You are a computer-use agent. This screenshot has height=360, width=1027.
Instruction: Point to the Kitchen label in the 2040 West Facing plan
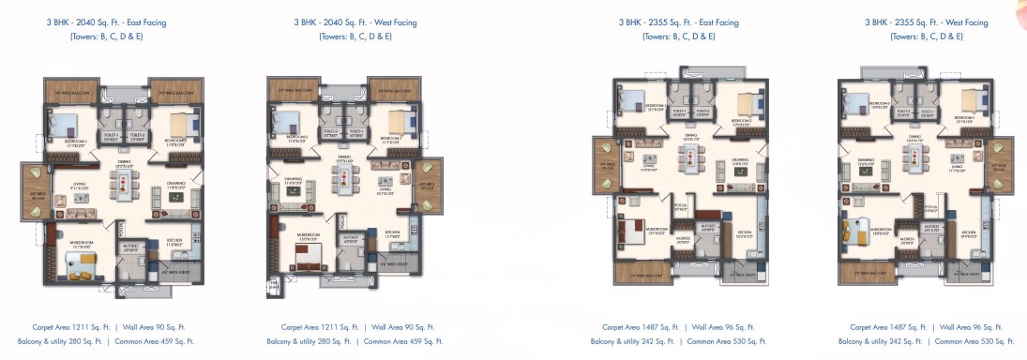(393, 235)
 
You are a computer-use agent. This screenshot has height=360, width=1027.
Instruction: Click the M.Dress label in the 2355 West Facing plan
(908, 239)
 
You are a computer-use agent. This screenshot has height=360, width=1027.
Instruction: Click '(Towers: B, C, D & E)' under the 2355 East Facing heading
(678, 37)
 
